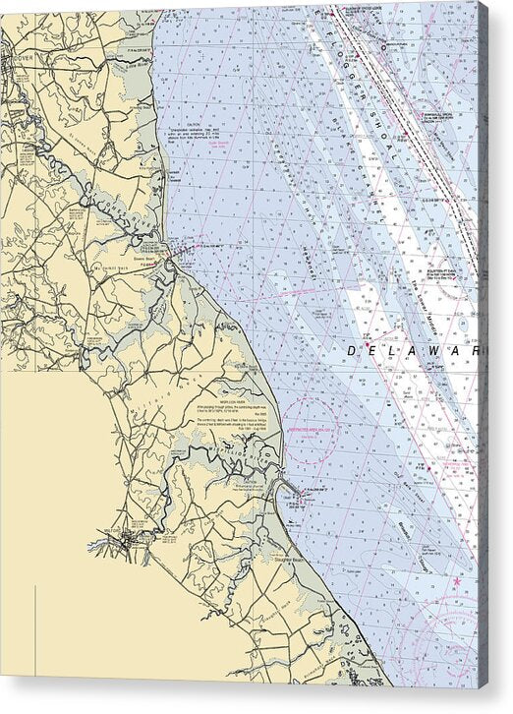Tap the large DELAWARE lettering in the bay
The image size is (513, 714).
pyautogui.click(x=413, y=350)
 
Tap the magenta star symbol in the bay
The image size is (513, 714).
pyautogui.click(x=457, y=582)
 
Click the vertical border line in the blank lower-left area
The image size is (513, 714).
pyautogui.click(x=35, y=629)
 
